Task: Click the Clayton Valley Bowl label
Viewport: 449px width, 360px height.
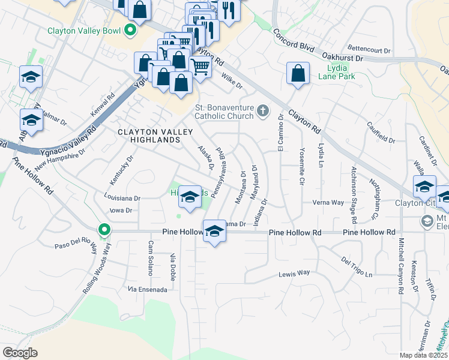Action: (x=83, y=31)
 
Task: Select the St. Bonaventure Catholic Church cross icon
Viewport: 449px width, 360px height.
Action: (x=262, y=110)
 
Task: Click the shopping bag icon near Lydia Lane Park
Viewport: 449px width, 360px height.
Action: (x=298, y=74)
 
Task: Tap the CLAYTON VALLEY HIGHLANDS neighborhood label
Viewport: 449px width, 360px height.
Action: (x=149, y=136)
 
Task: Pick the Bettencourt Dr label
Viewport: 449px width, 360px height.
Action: (x=369, y=47)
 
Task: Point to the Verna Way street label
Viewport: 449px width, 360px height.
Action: (x=328, y=203)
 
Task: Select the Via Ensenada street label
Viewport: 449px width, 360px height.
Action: (x=148, y=289)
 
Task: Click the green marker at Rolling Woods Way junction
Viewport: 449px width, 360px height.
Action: (x=104, y=230)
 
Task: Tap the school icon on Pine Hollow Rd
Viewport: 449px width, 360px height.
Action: (x=214, y=232)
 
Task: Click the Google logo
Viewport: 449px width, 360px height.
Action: (x=20, y=352)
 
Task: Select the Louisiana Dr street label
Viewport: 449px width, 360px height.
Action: (x=121, y=197)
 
